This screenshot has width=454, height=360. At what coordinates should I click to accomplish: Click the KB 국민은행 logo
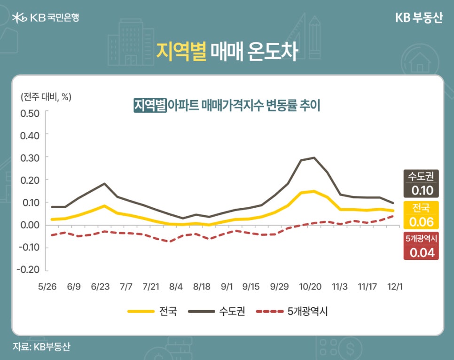(x=45, y=17)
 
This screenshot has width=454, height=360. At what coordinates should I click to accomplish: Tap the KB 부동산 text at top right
(x=418, y=17)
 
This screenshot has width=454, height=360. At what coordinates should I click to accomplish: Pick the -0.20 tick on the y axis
(x=29, y=270)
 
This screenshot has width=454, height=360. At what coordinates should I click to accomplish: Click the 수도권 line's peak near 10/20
(x=314, y=157)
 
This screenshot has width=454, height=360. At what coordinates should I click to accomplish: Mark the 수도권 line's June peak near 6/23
(x=104, y=184)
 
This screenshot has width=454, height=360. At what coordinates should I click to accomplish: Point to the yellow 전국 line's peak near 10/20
(x=314, y=191)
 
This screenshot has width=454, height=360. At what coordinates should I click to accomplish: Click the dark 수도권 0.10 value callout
(x=421, y=184)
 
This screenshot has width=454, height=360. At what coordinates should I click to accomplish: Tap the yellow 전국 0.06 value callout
(x=421, y=215)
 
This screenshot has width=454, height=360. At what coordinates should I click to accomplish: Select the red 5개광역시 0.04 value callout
(x=421, y=246)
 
